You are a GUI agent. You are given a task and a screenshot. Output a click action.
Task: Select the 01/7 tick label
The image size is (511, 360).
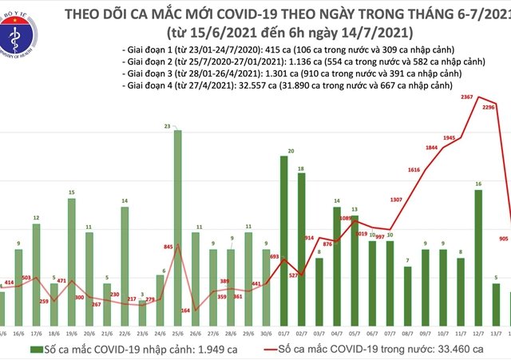pyautogui.click(x=283, y=331)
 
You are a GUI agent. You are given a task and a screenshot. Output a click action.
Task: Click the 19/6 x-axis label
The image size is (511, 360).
pyautogui.click(x=71, y=331)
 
